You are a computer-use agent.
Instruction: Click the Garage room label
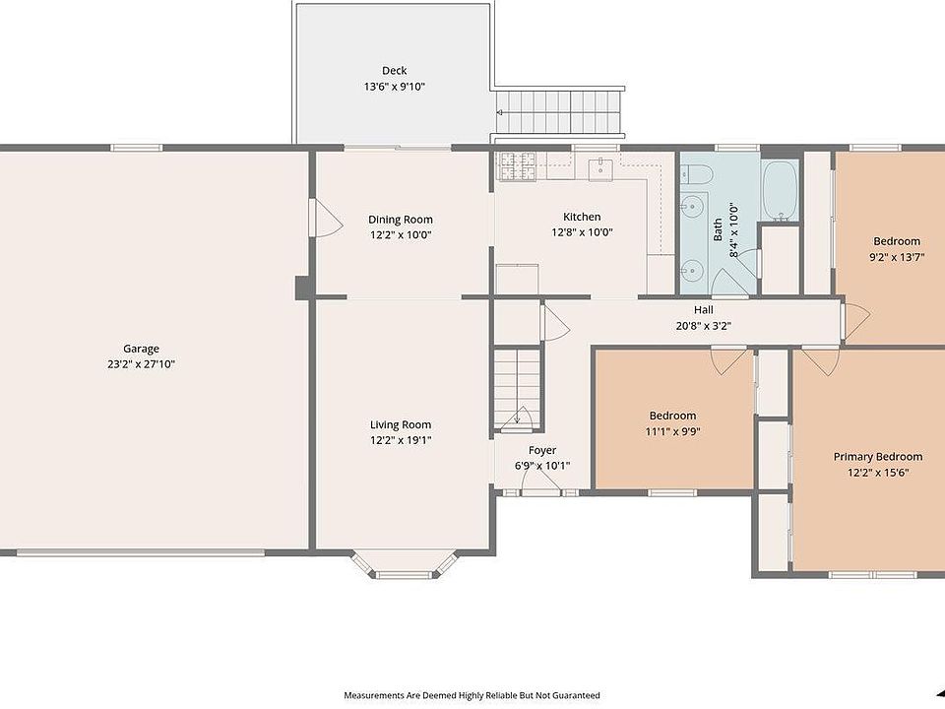coord(141,349)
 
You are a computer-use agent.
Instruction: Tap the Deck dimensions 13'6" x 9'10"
coord(394,87)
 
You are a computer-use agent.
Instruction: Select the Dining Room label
coord(401,220)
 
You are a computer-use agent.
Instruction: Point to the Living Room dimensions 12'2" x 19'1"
coord(401,440)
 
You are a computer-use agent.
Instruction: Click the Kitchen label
coord(582,217)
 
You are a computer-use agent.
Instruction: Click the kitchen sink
coord(600,168)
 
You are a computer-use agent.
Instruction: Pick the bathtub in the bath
coord(780,190)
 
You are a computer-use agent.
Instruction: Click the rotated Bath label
coord(718,229)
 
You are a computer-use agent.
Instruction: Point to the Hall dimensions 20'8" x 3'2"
coord(703,326)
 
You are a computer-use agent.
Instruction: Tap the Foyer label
coord(542,450)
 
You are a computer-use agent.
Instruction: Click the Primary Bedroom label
coord(877,456)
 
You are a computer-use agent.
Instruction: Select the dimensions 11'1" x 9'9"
coord(672,431)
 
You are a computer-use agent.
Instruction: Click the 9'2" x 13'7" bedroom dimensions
coord(897,257)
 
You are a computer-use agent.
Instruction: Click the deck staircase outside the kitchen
coord(559,112)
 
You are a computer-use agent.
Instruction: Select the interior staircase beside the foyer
coord(517,388)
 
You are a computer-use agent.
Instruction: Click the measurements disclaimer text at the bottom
coord(472,695)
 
